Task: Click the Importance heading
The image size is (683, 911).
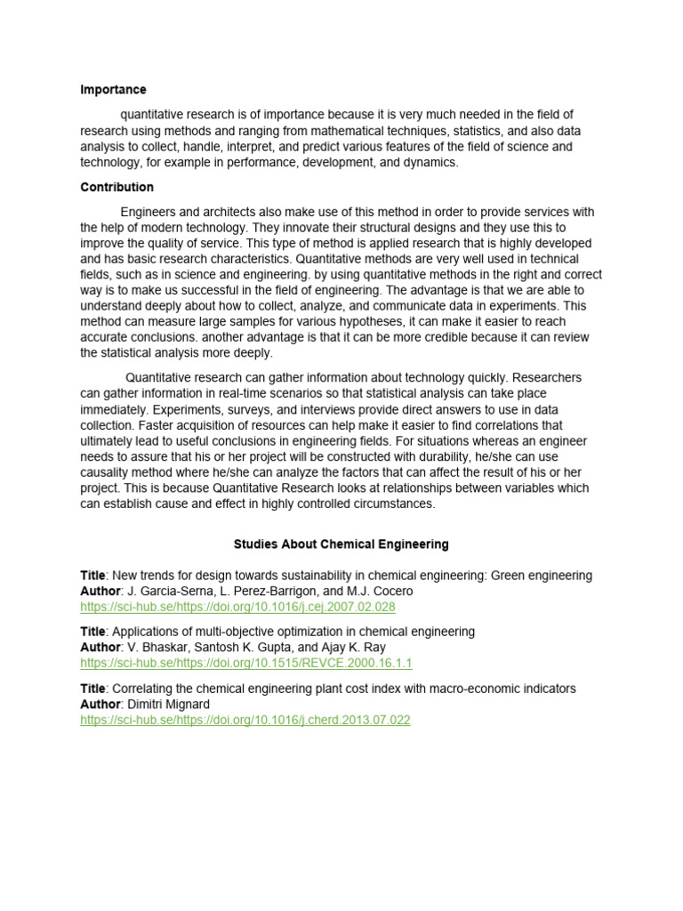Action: [x=113, y=90]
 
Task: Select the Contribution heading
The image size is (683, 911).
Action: [x=117, y=187]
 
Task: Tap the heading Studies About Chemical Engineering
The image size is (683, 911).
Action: [x=341, y=544]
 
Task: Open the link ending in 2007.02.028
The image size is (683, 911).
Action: [x=237, y=607]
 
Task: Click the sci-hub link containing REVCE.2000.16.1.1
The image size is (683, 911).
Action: [x=246, y=664]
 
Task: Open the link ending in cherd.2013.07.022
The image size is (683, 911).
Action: [x=245, y=721]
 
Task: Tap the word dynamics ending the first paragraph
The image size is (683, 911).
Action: [x=431, y=163]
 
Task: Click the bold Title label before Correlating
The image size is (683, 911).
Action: [x=93, y=689]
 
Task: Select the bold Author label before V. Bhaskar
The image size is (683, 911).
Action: [x=100, y=648]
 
